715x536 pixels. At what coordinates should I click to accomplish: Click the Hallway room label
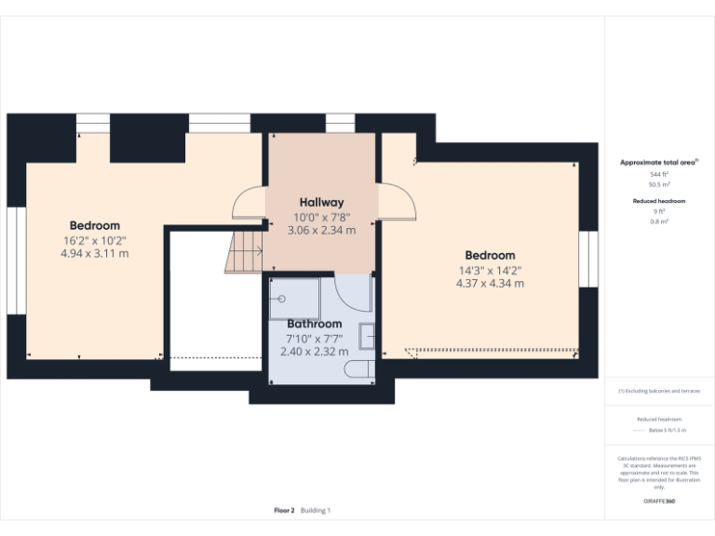click(321, 202)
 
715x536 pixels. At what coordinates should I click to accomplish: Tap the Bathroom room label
click(314, 324)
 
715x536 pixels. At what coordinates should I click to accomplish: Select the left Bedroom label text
click(94, 225)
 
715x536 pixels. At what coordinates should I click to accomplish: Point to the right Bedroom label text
click(490, 255)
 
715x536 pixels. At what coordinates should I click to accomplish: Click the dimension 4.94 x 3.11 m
click(94, 253)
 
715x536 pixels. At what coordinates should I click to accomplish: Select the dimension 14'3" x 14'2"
click(490, 271)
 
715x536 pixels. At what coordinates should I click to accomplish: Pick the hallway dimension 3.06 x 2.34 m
click(321, 230)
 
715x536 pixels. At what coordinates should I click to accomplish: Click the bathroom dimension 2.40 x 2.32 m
click(314, 352)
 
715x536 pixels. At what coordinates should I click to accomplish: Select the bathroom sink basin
click(368, 335)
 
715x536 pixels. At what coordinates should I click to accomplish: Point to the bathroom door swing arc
click(355, 296)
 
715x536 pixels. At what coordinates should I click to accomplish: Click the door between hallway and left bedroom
click(250, 203)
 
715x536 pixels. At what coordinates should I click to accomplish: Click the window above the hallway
click(340, 123)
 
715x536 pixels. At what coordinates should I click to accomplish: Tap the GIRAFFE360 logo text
click(659, 502)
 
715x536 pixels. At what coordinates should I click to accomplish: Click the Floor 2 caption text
click(284, 510)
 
